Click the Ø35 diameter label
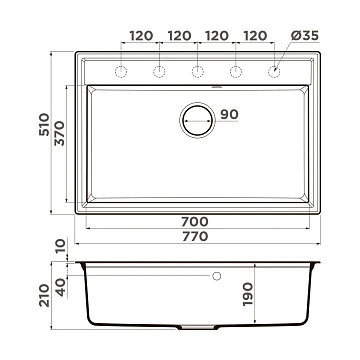click(305, 35)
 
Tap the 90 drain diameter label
click(229, 114)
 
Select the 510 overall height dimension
click(44, 125)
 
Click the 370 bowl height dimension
click(60, 133)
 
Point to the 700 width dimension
click(195, 221)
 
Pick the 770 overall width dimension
click(195, 236)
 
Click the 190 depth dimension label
click(247, 294)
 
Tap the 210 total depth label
click(44, 295)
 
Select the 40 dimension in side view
click(60, 287)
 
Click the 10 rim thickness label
click(61, 246)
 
